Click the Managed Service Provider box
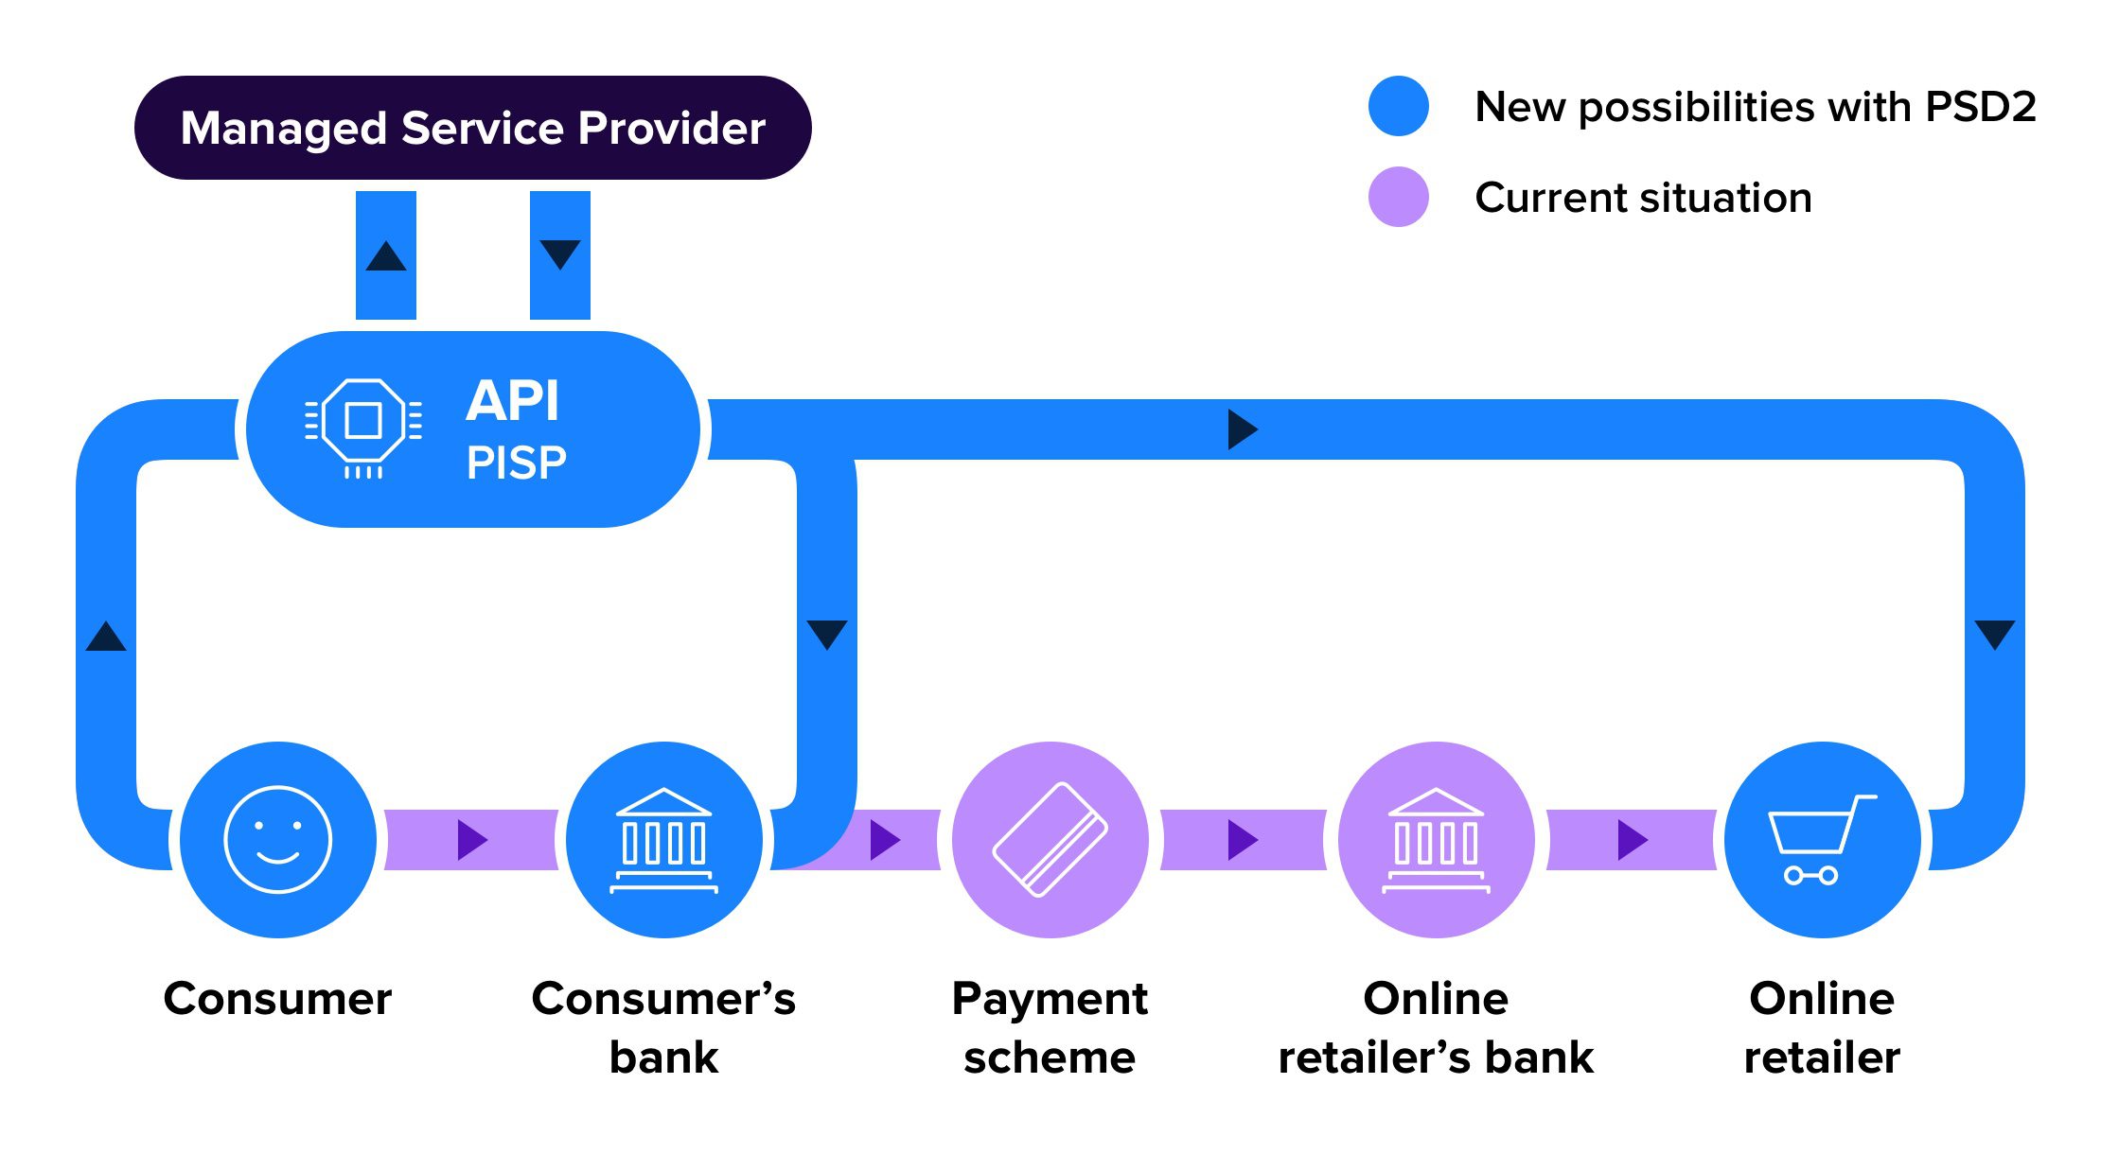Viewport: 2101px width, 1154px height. tap(472, 128)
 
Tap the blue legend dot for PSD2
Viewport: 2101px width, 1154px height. tap(1398, 106)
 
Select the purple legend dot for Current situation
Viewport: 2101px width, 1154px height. tap(1398, 197)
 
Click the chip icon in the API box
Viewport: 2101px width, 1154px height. tap(363, 421)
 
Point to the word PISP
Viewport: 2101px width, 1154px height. tap(516, 463)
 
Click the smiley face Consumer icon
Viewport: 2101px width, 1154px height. tap(277, 839)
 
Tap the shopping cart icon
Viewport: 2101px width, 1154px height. tap(1822, 839)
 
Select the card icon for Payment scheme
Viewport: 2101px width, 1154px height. tap(1050, 839)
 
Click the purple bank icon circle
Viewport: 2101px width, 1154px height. tap(1436, 839)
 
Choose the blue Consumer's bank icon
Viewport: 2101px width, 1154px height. tap(663, 839)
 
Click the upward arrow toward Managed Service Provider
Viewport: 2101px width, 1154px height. tap(386, 255)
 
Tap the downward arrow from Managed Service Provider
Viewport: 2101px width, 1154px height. tap(560, 254)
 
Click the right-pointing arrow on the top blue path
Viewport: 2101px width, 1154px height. tap(1241, 429)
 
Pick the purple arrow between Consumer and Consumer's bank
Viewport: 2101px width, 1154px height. tap(470, 839)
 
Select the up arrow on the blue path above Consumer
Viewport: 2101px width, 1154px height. tap(106, 637)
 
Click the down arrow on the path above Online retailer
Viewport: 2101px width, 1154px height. tap(1995, 634)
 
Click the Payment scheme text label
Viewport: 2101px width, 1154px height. tap(1050, 1027)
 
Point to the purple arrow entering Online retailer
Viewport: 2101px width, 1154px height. tap(1631, 839)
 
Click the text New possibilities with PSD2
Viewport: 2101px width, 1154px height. tap(1755, 107)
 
